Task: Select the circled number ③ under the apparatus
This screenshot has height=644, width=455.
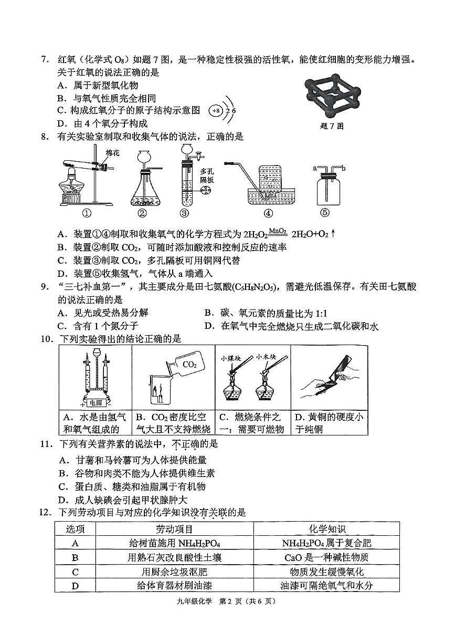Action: point(184,213)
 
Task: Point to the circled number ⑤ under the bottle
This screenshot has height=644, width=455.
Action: point(325,213)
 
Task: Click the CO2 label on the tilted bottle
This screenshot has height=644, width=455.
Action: point(189,364)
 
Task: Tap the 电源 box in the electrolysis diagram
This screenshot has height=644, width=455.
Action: point(96,403)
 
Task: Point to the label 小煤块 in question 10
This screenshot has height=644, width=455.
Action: point(230,358)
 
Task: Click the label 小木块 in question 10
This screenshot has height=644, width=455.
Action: point(266,357)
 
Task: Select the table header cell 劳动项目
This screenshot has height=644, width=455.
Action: point(174,529)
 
